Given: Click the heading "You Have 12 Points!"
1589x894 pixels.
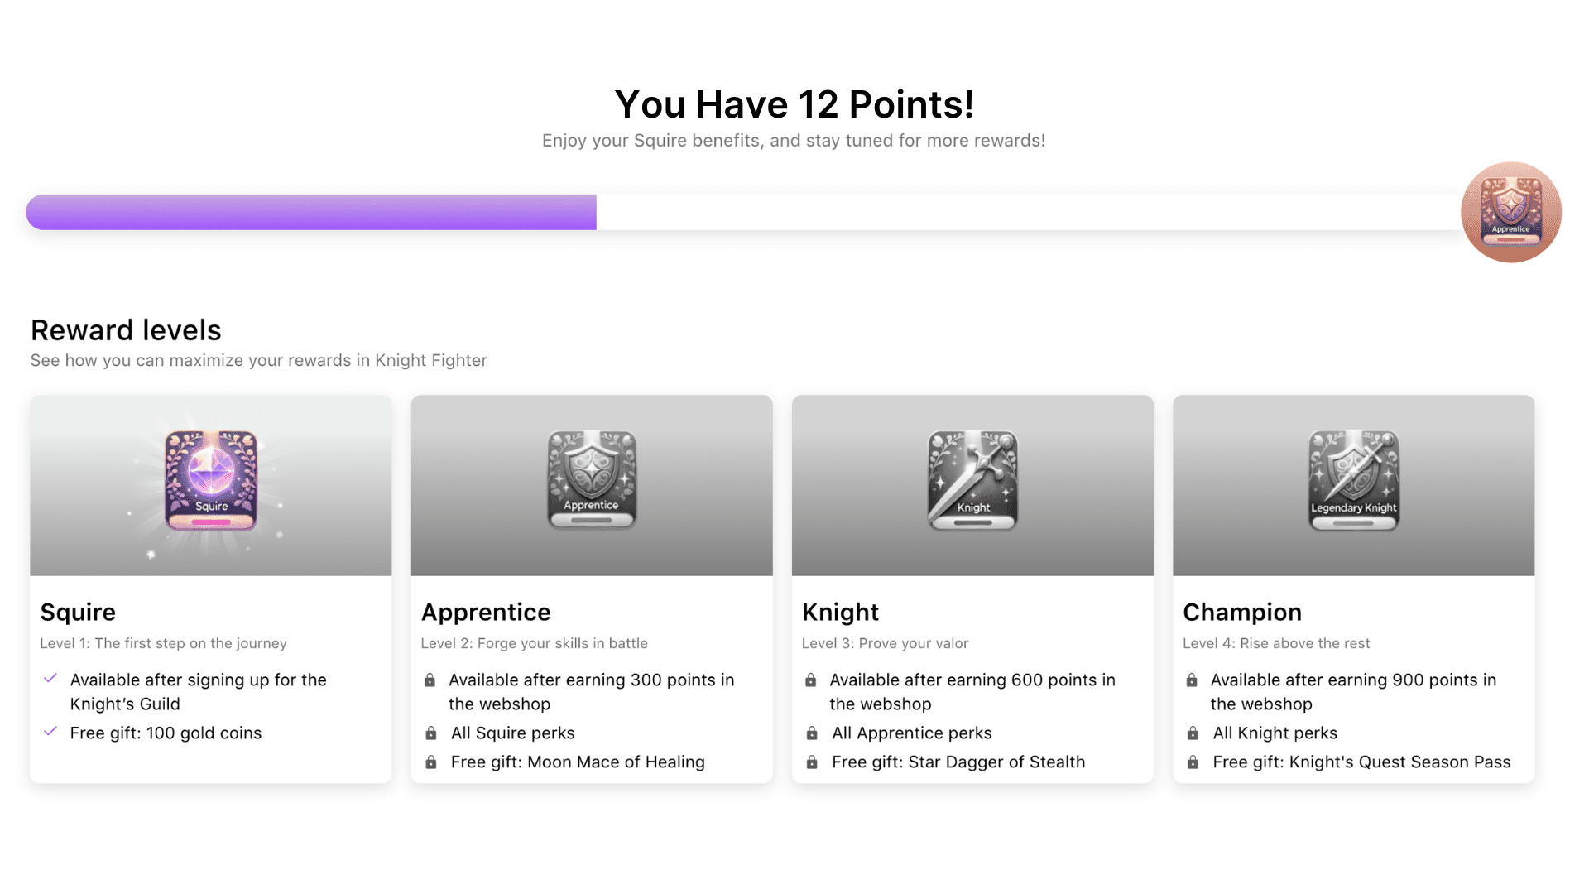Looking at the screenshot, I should [x=794, y=105].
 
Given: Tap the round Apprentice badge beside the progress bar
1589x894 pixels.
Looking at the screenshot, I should [x=1510, y=212].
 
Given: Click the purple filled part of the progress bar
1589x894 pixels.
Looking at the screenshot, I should [x=311, y=212].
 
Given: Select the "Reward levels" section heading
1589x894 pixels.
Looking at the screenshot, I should [x=126, y=330].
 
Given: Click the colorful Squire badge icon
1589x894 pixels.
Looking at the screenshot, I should [x=211, y=480].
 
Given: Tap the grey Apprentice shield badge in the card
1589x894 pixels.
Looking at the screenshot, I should [x=592, y=480].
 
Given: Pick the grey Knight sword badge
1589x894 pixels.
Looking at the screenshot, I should [x=972, y=480].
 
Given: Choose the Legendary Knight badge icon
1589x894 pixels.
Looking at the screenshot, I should [x=1353, y=480].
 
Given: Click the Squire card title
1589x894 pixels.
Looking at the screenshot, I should [x=78, y=612].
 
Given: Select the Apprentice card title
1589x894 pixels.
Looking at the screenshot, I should [x=486, y=612].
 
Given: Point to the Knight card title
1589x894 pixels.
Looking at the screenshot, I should [x=840, y=612].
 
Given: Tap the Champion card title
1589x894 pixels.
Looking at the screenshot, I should [x=1241, y=612].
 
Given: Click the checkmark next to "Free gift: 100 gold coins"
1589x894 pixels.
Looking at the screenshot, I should [x=50, y=732].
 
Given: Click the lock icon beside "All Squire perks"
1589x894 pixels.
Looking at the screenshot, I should [x=431, y=733].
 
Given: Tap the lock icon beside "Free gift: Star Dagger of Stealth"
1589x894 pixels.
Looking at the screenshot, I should [x=812, y=762].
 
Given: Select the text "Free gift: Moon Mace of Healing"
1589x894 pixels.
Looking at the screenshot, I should [x=578, y=762].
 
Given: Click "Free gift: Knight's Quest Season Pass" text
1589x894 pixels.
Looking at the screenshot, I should [x=1361, y=762].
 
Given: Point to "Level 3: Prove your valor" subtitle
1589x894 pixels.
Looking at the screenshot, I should [x=885, y=643].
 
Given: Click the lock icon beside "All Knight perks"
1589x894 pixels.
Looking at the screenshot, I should [x=1193, y=733].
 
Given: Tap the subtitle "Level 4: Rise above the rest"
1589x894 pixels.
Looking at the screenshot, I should [x=1276, y=643].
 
